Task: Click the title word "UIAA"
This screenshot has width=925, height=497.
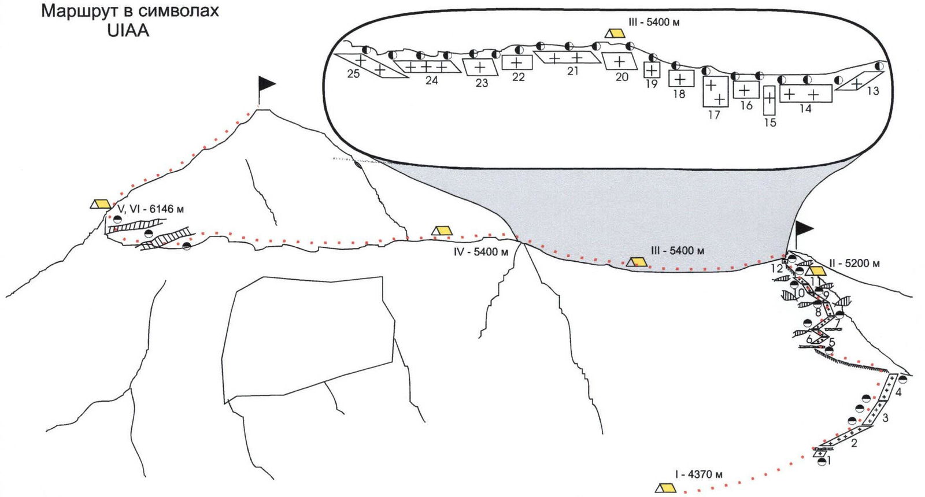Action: point(128,31)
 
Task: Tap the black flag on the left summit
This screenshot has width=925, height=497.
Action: point(266,84)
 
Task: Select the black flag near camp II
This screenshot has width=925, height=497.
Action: point(804,228)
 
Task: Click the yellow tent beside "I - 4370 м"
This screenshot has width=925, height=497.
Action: point(665,488)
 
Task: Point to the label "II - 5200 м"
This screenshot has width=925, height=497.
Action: point(854,264)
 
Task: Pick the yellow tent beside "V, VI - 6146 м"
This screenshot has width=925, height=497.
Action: point(101,203)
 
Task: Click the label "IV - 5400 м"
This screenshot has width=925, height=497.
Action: point(481,252)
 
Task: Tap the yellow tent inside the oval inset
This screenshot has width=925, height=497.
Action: point(615,33)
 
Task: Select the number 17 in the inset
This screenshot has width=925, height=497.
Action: point(714,115)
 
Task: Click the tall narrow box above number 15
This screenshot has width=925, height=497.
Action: point(769,99)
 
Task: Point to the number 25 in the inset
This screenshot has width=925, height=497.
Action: point(353,74)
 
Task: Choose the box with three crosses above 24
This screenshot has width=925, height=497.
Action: point(428,67)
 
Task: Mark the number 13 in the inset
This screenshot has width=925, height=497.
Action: point(872,91)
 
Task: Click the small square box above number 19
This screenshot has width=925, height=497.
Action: point(652,70)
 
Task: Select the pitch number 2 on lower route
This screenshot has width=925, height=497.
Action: point(853,444)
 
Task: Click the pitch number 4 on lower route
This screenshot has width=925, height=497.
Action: point(898,392)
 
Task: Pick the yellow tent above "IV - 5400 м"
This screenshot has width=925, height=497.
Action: point(442,231)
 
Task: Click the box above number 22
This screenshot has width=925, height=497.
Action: point(517,62)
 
